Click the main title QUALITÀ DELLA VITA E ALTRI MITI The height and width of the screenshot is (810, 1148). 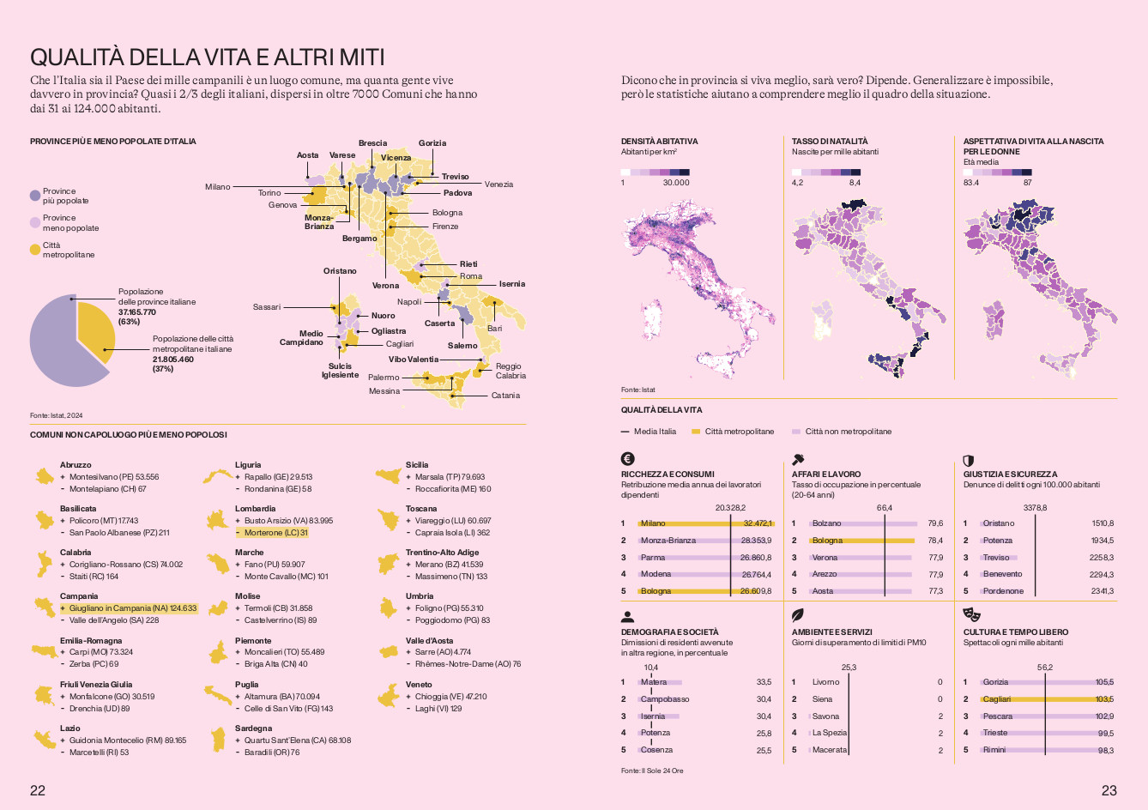[207, 57]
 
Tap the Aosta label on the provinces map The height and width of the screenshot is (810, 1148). [307, 155]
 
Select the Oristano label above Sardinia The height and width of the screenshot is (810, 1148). [340, 271]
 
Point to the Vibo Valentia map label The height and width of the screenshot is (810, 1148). [413, 360]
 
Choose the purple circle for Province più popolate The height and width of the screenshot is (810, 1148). [35, 196]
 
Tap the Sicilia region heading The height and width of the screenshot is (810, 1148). [417, 465]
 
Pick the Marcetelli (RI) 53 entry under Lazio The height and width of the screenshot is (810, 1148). [99, 753]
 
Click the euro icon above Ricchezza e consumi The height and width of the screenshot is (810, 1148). [627, 459]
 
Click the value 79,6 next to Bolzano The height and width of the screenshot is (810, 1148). [935, 523]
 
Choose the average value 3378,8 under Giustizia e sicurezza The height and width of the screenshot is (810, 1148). [1035, 508]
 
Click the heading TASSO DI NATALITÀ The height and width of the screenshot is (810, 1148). [830, 141]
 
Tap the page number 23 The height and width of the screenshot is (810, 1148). [1109, 790]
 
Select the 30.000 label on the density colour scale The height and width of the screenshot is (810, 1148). [676, 183]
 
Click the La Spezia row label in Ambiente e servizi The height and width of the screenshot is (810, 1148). [829, 733]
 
